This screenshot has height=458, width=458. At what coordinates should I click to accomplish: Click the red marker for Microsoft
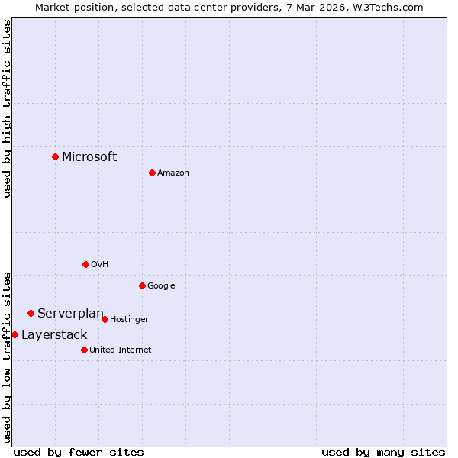click(x=55, y=156)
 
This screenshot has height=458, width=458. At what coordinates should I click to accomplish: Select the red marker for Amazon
click(x=152, y=173)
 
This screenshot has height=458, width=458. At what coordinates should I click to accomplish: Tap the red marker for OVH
click(x=85, y=264)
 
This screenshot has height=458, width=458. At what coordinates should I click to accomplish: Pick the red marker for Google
click(x=142, y=285)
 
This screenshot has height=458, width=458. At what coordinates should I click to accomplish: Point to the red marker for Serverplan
click(x=31, y=313)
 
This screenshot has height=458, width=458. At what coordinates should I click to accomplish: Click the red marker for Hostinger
click(x=105, y=319)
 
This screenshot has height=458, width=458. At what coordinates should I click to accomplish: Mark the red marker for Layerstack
click(x=15, y=334)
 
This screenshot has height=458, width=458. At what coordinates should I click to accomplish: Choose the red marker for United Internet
click(x=84, y=350)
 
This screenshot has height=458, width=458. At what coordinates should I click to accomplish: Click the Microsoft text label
click(x=89, y=156)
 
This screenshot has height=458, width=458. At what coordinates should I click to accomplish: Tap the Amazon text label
click(x=173, y=173)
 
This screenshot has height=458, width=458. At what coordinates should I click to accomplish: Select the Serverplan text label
click(x=70, y=313)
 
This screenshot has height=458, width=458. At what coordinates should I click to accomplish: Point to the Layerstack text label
click(x=54, y=334)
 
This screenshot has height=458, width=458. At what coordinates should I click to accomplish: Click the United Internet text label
click(x=121, y=350)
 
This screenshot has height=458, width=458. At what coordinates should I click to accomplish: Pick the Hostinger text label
click(x=129, y=319)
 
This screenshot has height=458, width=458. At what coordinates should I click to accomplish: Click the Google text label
click(x=161, y=285)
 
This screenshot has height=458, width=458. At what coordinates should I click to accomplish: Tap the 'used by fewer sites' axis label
click(x=79, y=452)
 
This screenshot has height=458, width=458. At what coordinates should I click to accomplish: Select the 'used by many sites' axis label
click(x=383, y=452)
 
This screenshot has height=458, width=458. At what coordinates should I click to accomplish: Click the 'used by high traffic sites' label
click(x=7, y=108)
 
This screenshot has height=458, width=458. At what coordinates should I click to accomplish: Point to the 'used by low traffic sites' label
click(x=7, y=356)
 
